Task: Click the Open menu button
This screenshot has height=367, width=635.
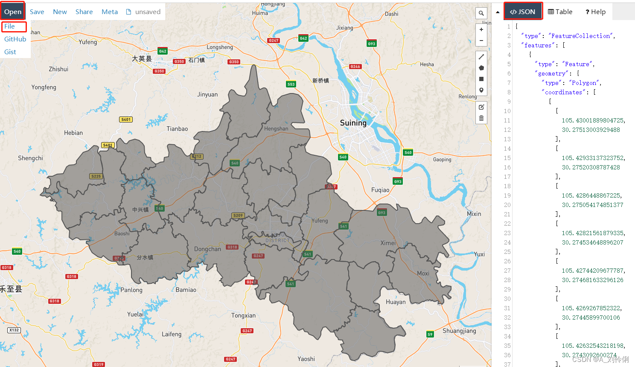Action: pyautogui.click(x=13, y=12)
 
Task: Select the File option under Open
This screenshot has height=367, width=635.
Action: pyautogui.click(x=10, y=26)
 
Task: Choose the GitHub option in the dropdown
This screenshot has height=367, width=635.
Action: pyautogui.click(x=15, y=39)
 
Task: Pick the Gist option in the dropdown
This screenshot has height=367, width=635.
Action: pyautogui.click(x=10, y=52)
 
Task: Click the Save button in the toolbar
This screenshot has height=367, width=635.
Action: pyautogui.click(x=37, y=12)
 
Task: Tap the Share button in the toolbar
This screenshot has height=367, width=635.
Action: pyautogui.click(x=84, y=12)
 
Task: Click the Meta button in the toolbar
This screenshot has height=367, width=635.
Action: pyautogui.click(x=110, y=12)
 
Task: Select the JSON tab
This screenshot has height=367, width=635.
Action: pyautogui.click(x=523, y=12)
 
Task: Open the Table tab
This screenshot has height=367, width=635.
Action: pyautogui.click(x=560, y=12)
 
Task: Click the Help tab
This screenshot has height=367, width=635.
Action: pyautogui.click(x=596, y=12)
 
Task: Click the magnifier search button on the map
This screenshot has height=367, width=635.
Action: pyautogui.click(x=481, y=13)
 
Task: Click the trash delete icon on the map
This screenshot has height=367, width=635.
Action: pyautogui.click(x=481, y=118)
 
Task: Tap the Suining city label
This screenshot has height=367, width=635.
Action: pyautogui.click(x=353, y=123)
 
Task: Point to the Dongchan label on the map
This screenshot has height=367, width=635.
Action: pyautogui.click(x=207, y=249)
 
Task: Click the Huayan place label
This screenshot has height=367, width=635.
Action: pyautogui.click(x=396, y=302)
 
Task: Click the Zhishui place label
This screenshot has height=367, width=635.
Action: pyautogui.click(x=58, y=69)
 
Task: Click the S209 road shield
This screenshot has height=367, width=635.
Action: pyautogui.click(x=238, y=216)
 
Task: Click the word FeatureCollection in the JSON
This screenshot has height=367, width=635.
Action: pyautogui.click(x=581, y=36)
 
